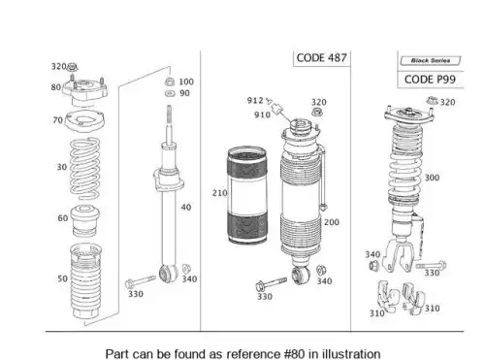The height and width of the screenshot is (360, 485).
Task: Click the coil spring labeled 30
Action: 85,169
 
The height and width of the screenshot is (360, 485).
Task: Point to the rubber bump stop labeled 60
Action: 84,220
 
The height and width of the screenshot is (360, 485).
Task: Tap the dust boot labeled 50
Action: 85,280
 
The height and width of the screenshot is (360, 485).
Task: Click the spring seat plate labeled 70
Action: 85,121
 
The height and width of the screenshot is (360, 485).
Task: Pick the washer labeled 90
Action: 170,93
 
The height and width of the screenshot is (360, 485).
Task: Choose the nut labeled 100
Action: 170,82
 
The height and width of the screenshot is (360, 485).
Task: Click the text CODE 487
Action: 321,58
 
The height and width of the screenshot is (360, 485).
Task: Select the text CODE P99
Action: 430,80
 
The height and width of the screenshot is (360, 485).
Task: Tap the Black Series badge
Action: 431,60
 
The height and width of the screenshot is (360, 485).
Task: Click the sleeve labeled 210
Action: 247,195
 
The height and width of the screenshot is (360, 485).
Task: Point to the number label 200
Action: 332,222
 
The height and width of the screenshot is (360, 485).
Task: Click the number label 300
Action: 432,178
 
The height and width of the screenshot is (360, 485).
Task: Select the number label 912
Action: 255,100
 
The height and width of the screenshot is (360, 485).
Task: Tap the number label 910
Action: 262,115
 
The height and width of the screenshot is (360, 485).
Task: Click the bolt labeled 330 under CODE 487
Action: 271,283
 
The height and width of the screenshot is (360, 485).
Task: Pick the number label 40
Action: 186,207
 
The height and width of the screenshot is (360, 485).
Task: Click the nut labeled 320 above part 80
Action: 72,67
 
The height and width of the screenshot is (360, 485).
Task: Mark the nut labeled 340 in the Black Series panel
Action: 374,266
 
